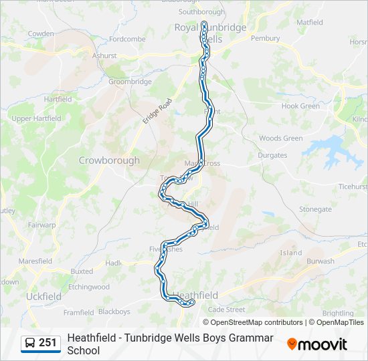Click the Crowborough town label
[109, 160]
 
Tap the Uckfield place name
[43, 296]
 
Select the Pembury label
[265, 39]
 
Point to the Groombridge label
[130, 82]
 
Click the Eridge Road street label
[157, 111]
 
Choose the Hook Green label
[300, 106]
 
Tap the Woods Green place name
[280, 138]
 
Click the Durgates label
[272, 156]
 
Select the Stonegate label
[315, 209]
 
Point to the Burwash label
[320, 261]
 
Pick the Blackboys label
[114, 312]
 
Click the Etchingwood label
[88, 287]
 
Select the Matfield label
[309, 22]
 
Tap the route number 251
[48, 343]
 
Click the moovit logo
[317, 344]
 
